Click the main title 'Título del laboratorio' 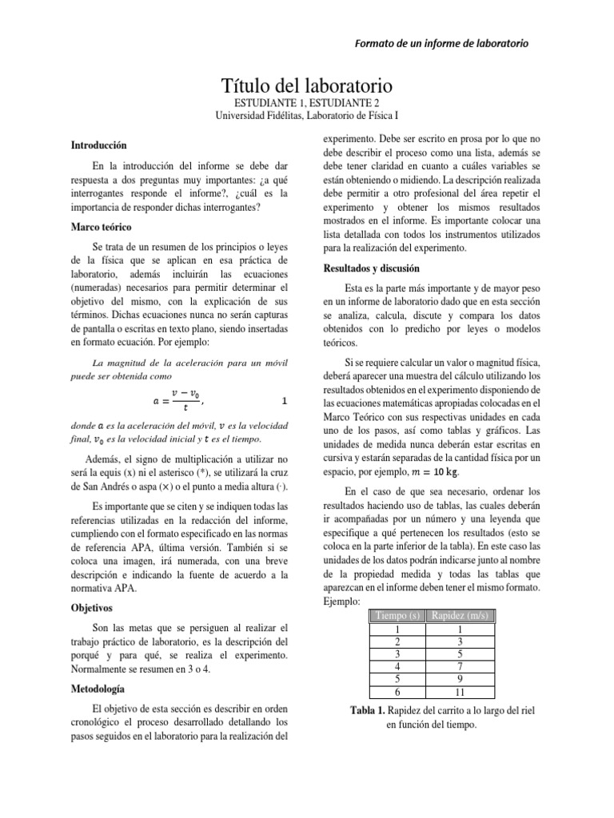point(306,85)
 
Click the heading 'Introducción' point(99,146)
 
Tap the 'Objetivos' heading point(92,607)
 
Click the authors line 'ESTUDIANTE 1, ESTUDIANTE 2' point(306,103)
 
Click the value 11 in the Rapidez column point(461,692)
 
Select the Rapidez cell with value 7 point(461,666)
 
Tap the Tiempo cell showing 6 point(398,692)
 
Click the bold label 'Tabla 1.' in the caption point(372,711)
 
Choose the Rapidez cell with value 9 point(461,679)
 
